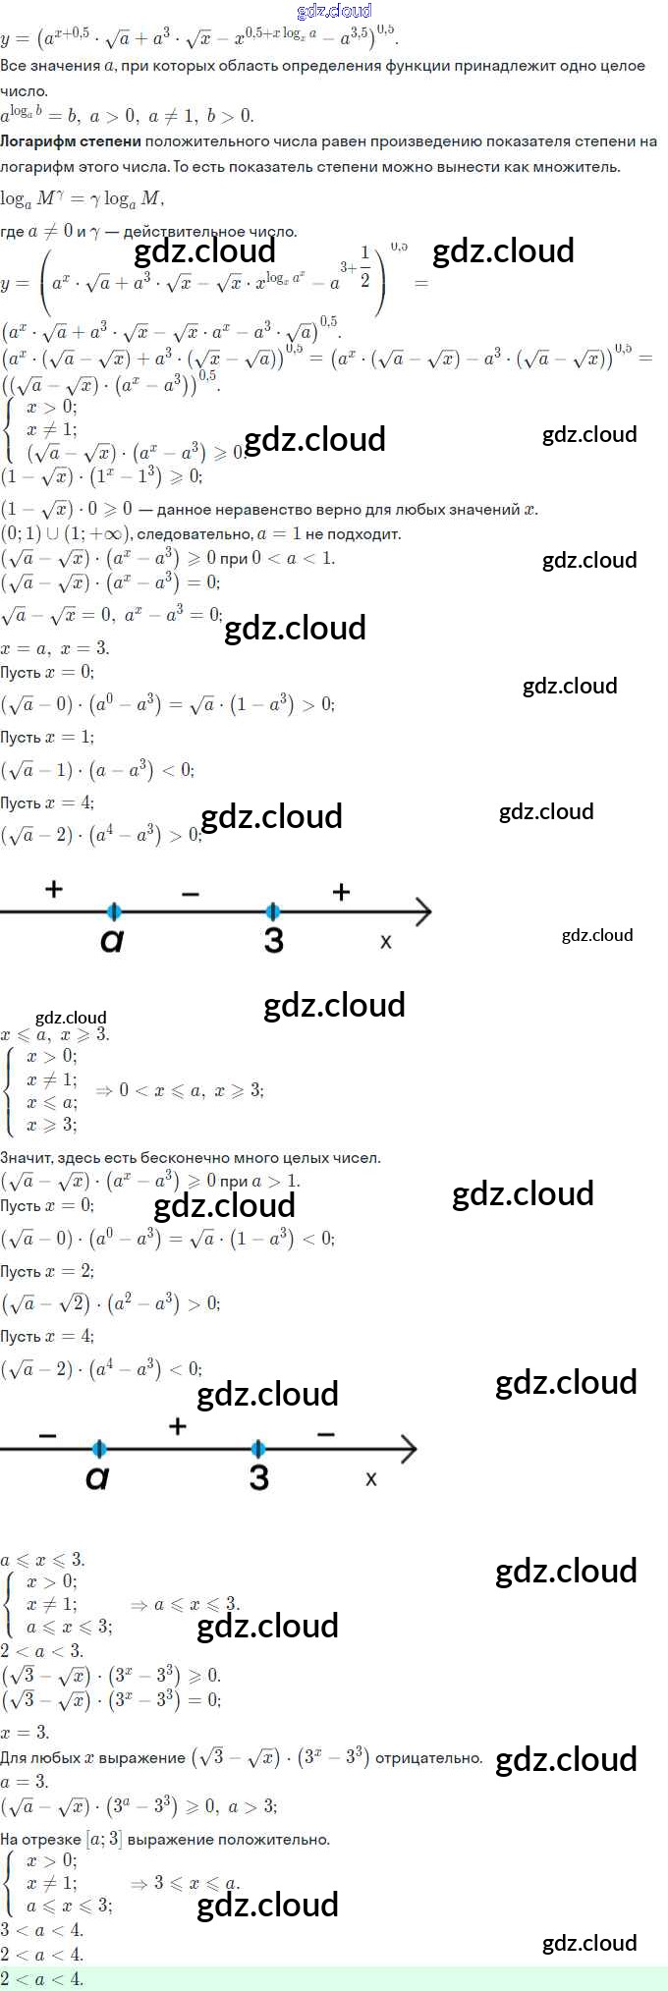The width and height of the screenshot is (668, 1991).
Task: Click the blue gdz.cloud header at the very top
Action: [x=334, y=11]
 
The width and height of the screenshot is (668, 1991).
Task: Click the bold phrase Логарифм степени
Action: [x=70, y=141]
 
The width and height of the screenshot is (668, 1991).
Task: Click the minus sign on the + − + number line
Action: [x=191, y=894]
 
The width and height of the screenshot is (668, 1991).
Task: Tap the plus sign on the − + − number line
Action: [x=178, y=1426]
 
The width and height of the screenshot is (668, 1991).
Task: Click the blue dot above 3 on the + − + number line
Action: [x=273, y=912]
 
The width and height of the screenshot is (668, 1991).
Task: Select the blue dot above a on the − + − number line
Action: [x=98, y=1449]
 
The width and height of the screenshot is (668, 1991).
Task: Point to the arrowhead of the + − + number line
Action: [x=422, y=912]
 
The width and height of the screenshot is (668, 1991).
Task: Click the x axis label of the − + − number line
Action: [x=370, y=1478]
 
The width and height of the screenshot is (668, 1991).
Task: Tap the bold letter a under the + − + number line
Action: [x=112, y=940]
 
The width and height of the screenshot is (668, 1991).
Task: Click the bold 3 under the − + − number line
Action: [x=258, y=1477]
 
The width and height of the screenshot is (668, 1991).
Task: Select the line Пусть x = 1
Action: [x=47, y=738]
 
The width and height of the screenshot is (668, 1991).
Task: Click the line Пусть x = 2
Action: [x=47, y=1271]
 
